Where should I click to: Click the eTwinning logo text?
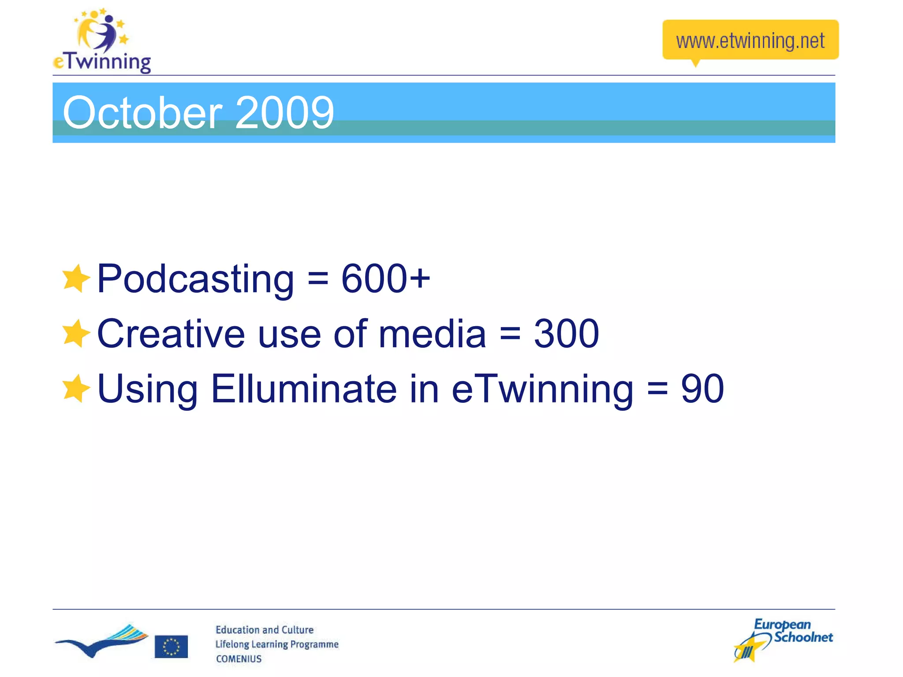click(x=102, y=61)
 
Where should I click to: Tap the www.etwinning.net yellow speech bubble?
click(x=750, y=41)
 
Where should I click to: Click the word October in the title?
click(x=142, y=113)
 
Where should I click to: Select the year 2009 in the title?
click(x=284, y=113)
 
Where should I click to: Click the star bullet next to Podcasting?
click(x=76, y=279)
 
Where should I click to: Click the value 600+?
click(x=385, y=278)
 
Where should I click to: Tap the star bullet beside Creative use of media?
click(x=76, y=334)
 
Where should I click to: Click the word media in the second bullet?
click(x=432, y=334)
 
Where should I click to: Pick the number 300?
click(x=566, y=334)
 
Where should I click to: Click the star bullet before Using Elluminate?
click(x=76, y=389)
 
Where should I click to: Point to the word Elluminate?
click(x=304, y=389)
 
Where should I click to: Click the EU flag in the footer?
click(x=171, y=646)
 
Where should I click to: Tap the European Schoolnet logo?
click(x=783, y=639)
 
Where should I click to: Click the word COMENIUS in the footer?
click(x=239, y=659)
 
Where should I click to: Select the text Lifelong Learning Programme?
click(x=276, y=644)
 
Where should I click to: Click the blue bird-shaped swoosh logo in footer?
click(x=101, y=641)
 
